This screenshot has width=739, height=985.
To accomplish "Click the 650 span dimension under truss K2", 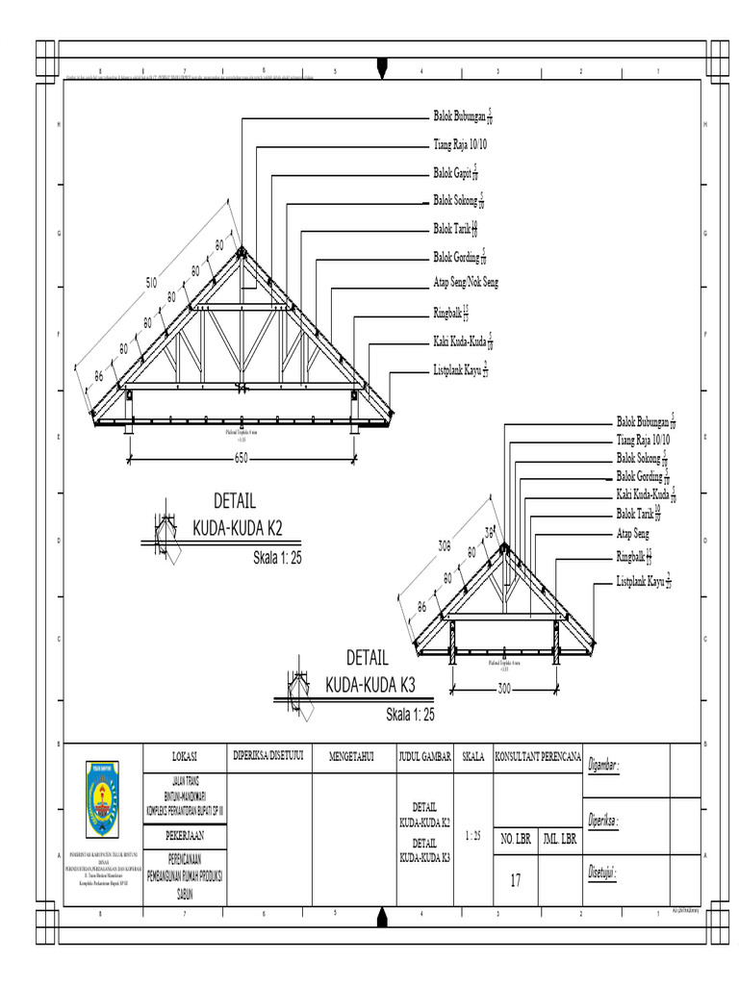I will (x=242, y=459).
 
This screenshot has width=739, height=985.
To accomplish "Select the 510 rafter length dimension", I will (x=152, y=282).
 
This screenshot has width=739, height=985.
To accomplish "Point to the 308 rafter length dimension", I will (x=445, y=545).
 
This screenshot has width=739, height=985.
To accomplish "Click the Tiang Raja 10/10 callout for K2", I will (x=460, y=145).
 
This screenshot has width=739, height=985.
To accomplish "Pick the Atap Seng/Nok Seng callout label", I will (x=466, y=283).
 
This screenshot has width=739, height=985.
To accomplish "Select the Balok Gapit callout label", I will (x=457, y=173).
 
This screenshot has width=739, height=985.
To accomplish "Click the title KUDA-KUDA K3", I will (x=369, y=685).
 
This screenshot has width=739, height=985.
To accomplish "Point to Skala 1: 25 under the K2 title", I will (x=277, y=557).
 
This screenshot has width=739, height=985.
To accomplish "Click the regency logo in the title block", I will (x=101, y=798).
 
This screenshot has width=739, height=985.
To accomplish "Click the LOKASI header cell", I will (x=184, y=757).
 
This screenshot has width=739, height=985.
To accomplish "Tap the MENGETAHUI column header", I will (x=351, y=757).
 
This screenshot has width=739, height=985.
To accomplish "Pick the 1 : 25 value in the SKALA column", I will (x=472, y=836).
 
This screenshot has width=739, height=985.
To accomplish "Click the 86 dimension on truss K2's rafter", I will (x=98, y=376).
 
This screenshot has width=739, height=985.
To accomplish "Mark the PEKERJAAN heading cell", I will (x=184, y=835).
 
